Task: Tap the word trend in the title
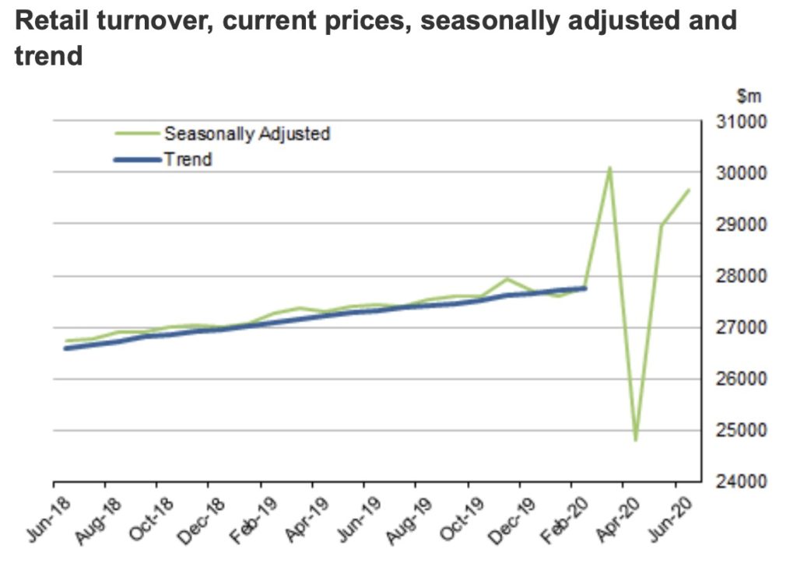48,57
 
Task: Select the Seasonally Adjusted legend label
247,134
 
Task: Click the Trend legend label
188,159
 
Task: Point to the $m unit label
749,97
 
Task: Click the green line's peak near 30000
610,168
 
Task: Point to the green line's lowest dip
636,440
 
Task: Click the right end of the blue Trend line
585,288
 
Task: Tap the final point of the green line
688,190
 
